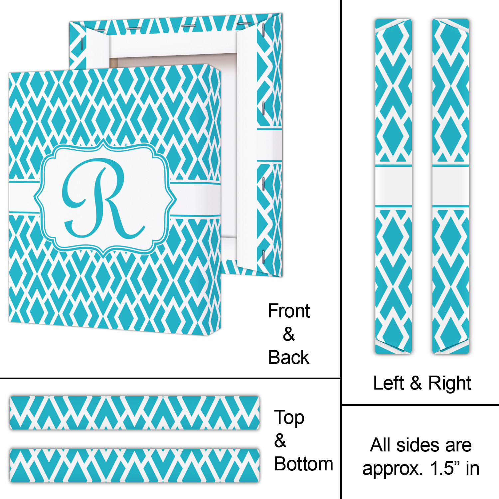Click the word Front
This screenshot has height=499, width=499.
289,311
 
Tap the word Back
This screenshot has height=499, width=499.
288,358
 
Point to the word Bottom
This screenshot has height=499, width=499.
303,464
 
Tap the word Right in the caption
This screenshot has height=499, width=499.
449,383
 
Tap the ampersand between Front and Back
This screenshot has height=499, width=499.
289,334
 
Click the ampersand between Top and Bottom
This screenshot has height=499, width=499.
280,441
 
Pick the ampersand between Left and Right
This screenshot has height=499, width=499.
416,383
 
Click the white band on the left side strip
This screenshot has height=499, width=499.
394,186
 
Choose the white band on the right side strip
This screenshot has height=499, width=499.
450,186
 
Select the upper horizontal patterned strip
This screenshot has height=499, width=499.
134,413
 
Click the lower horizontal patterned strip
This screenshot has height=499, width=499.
134,465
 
